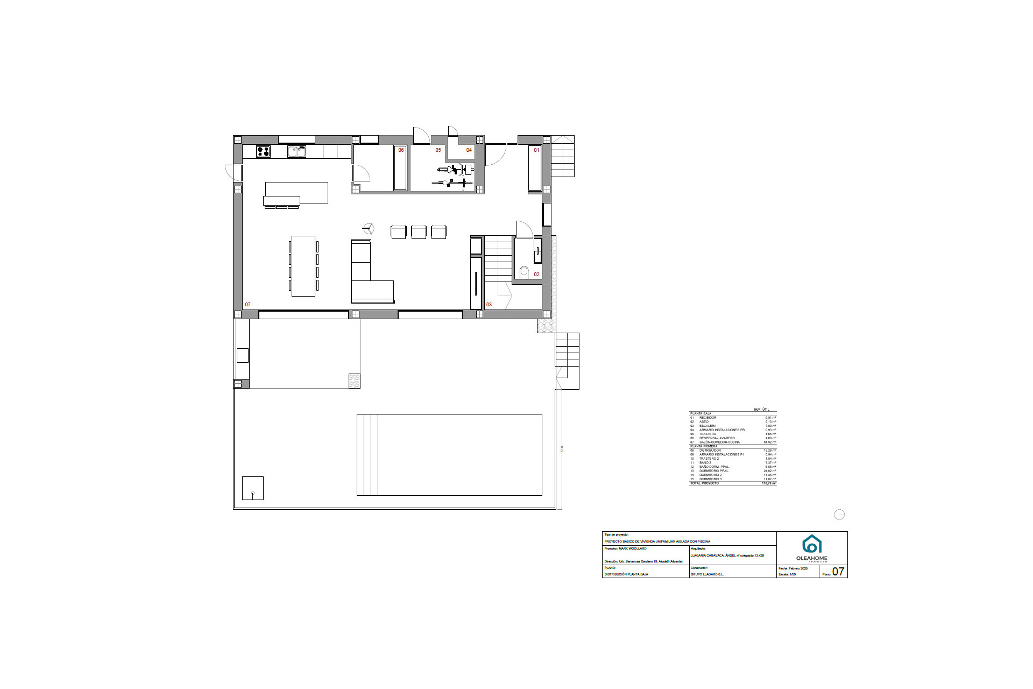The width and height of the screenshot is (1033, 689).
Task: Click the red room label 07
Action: point(247,305)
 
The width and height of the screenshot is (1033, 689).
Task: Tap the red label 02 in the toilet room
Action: point(536,275)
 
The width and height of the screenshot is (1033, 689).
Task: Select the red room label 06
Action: point(401,150)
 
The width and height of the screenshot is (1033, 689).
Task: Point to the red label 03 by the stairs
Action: point(489,305)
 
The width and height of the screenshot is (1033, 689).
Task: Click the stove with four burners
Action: point(263,152)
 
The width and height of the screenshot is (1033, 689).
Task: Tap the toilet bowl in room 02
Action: point(524,271)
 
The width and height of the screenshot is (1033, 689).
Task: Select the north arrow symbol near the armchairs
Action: point(369,229)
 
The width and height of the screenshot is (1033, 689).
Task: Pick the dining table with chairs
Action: point(303,266)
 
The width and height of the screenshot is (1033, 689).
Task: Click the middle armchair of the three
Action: point(419,232)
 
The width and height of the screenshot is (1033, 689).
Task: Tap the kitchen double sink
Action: point(296,152)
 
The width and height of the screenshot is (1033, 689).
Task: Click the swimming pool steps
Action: point(367,455)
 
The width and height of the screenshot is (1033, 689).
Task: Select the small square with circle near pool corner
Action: point(253,488)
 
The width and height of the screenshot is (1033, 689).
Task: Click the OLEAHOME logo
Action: point(812,548)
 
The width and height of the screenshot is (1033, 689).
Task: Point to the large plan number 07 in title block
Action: point(838,572)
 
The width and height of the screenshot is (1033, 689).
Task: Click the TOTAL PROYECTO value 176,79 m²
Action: point(769,483)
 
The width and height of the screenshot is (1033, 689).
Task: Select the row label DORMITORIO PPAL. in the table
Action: point(714,471)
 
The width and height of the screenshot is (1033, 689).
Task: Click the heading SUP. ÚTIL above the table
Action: point(761,410)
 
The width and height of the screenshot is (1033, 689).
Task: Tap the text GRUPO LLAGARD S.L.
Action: point(707,574)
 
